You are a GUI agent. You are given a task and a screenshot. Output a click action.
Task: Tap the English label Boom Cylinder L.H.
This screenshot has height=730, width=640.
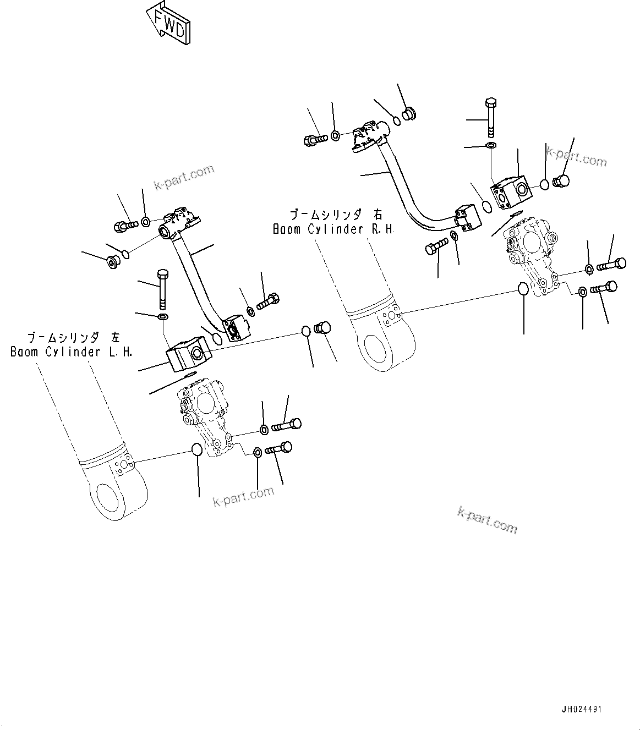pyautogui.click(x=72, y=352)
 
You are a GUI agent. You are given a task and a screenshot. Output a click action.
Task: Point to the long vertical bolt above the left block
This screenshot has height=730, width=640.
pyautogui.click(x=162, y=289)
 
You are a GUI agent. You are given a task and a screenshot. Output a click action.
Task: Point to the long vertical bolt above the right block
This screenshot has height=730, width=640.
pyautogui.click(x=491, y=117)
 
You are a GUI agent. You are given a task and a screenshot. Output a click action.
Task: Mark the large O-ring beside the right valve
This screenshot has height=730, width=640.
pyautogui.click(x=523, y=288)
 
